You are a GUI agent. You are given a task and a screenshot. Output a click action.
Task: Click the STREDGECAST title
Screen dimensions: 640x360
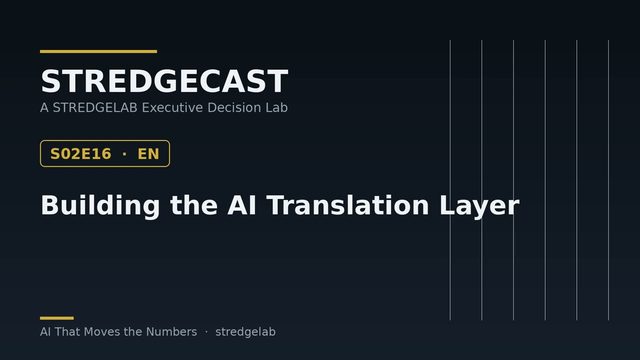[164, 81]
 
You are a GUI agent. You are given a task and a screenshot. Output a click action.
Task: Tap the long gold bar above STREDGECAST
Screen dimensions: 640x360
[98, 51]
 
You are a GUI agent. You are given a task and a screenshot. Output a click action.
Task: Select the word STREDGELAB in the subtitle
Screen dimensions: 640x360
[95, 108]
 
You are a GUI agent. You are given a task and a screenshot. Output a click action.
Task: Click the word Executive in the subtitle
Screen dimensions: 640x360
[172, 108]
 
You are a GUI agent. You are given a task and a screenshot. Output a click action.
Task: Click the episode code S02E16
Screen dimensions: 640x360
[80, 154]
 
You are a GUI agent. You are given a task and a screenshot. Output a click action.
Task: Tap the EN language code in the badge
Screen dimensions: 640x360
[148, 154]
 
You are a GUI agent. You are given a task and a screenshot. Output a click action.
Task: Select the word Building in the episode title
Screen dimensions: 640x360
[100, 205]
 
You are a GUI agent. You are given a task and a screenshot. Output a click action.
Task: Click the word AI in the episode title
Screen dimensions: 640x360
[242, 205]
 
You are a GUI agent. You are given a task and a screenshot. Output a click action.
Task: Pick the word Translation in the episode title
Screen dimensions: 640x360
[348, 205]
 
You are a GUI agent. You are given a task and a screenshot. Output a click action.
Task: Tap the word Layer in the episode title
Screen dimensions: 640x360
[479, 206]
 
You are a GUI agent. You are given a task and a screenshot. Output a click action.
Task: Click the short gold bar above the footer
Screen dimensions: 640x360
[57, 318]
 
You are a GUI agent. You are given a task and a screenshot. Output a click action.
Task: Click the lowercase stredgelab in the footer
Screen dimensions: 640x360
[245, 332]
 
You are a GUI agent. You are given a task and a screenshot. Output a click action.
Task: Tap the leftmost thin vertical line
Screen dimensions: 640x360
[450, 180]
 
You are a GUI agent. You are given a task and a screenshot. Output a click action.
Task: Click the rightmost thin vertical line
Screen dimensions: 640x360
[608, 180]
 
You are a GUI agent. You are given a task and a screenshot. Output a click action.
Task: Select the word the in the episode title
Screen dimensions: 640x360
[194, 205]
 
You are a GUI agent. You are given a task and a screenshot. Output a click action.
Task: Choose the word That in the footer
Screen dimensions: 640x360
[67, 332]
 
